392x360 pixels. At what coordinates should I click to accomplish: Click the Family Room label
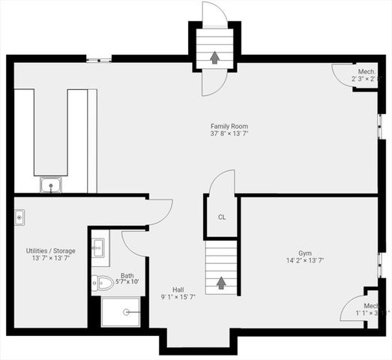tap(229, 126)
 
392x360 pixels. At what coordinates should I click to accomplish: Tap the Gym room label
tap(304, 253)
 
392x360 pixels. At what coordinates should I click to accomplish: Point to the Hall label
tap(178, 289)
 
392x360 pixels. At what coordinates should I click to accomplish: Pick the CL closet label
tap(222, 217)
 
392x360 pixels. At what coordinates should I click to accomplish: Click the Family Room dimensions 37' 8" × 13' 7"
tap(229, 134)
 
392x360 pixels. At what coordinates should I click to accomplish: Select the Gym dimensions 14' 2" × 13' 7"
tap(305, 261)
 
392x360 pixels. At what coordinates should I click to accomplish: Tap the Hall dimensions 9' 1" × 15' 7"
tap(178, 298)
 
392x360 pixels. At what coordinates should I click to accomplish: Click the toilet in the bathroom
tap(103, 283)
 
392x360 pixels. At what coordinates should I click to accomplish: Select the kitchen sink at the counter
tap(51, 184)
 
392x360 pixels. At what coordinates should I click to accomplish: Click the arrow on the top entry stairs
tap(215, 57)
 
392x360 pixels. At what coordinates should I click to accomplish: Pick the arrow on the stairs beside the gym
tap(221, 283)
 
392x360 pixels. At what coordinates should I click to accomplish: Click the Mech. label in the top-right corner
tap(367, 72)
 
